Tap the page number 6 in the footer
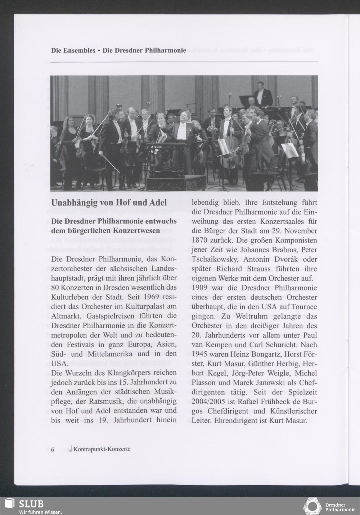(x=53, y=450)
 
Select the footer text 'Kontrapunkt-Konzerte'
(x=102, y=449)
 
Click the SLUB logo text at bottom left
(x=31, y=503)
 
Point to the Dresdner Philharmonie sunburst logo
(x=312, y=506)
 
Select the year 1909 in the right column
(x=201, y=288)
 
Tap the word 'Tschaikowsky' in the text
(x=214, y=259)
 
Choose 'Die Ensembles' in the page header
(x=73, y=50)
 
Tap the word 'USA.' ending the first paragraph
(x=59, y=363)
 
